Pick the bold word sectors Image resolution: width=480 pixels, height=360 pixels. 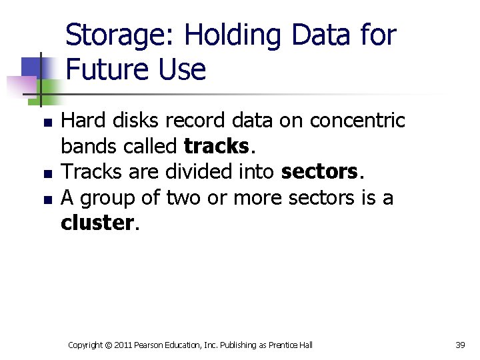(x=320, y=172)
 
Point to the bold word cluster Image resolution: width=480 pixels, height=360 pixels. (x=97, y=223)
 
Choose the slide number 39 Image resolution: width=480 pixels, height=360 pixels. (x=460, y=345)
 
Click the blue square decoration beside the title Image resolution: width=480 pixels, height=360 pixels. (x=32, y=67)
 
